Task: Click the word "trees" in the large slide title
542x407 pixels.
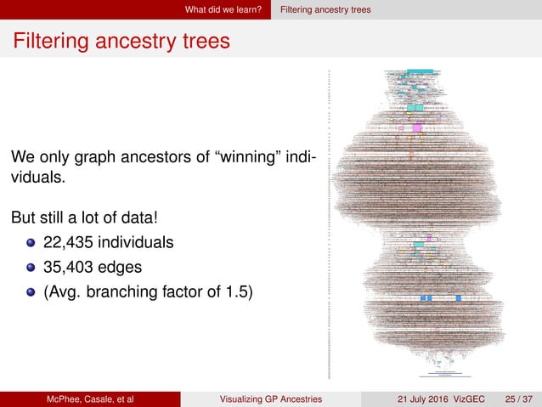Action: (201, 40)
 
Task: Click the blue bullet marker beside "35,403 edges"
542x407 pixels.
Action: (31, 269)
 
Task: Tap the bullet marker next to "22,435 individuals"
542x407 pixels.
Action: (31, 242)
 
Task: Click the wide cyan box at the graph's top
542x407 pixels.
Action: (420, 71)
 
